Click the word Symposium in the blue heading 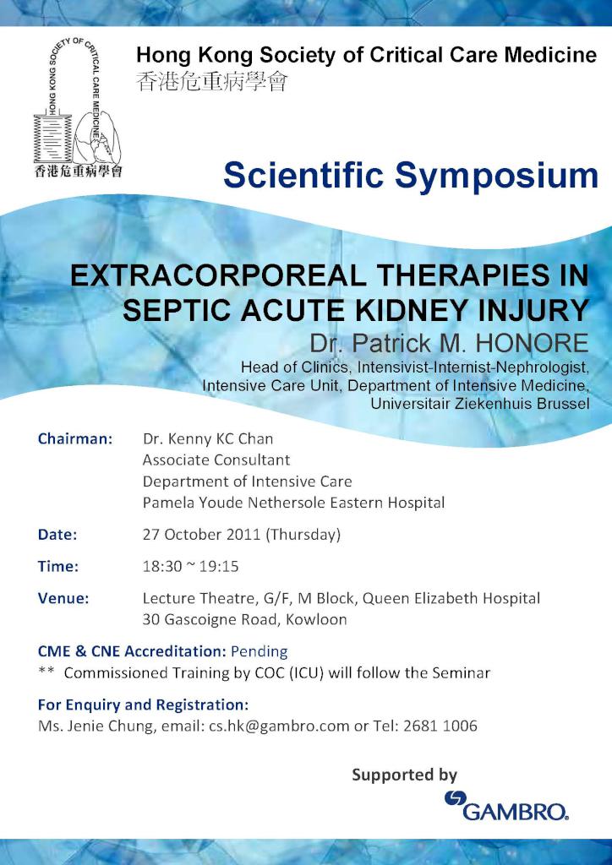click(496, 176)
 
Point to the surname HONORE click(531, 343)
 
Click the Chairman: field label click(75, 438)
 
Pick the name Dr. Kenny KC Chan click(207, 439)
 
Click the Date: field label click(57, 535)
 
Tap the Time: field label click(58, 567)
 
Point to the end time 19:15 click(219, 567)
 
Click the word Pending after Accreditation click(260, 651)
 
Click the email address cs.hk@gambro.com click(279, 726)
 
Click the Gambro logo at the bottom click(506, 805)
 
